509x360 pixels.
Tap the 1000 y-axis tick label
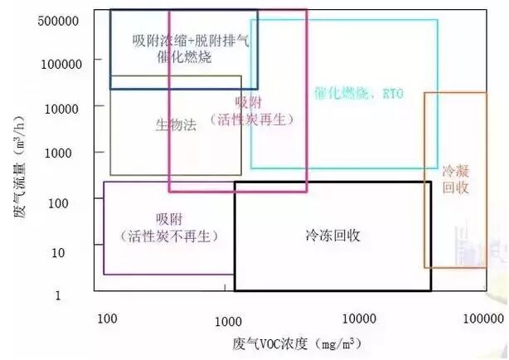click(69, 153)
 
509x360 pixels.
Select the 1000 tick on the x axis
click(228, 319)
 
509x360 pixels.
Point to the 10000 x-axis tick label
click(360, 319)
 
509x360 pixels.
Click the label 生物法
click(176, 125)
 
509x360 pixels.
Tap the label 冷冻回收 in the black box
click(332, 236)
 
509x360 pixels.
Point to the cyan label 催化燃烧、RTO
click(358, 95)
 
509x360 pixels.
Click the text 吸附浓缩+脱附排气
click(184, 40)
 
